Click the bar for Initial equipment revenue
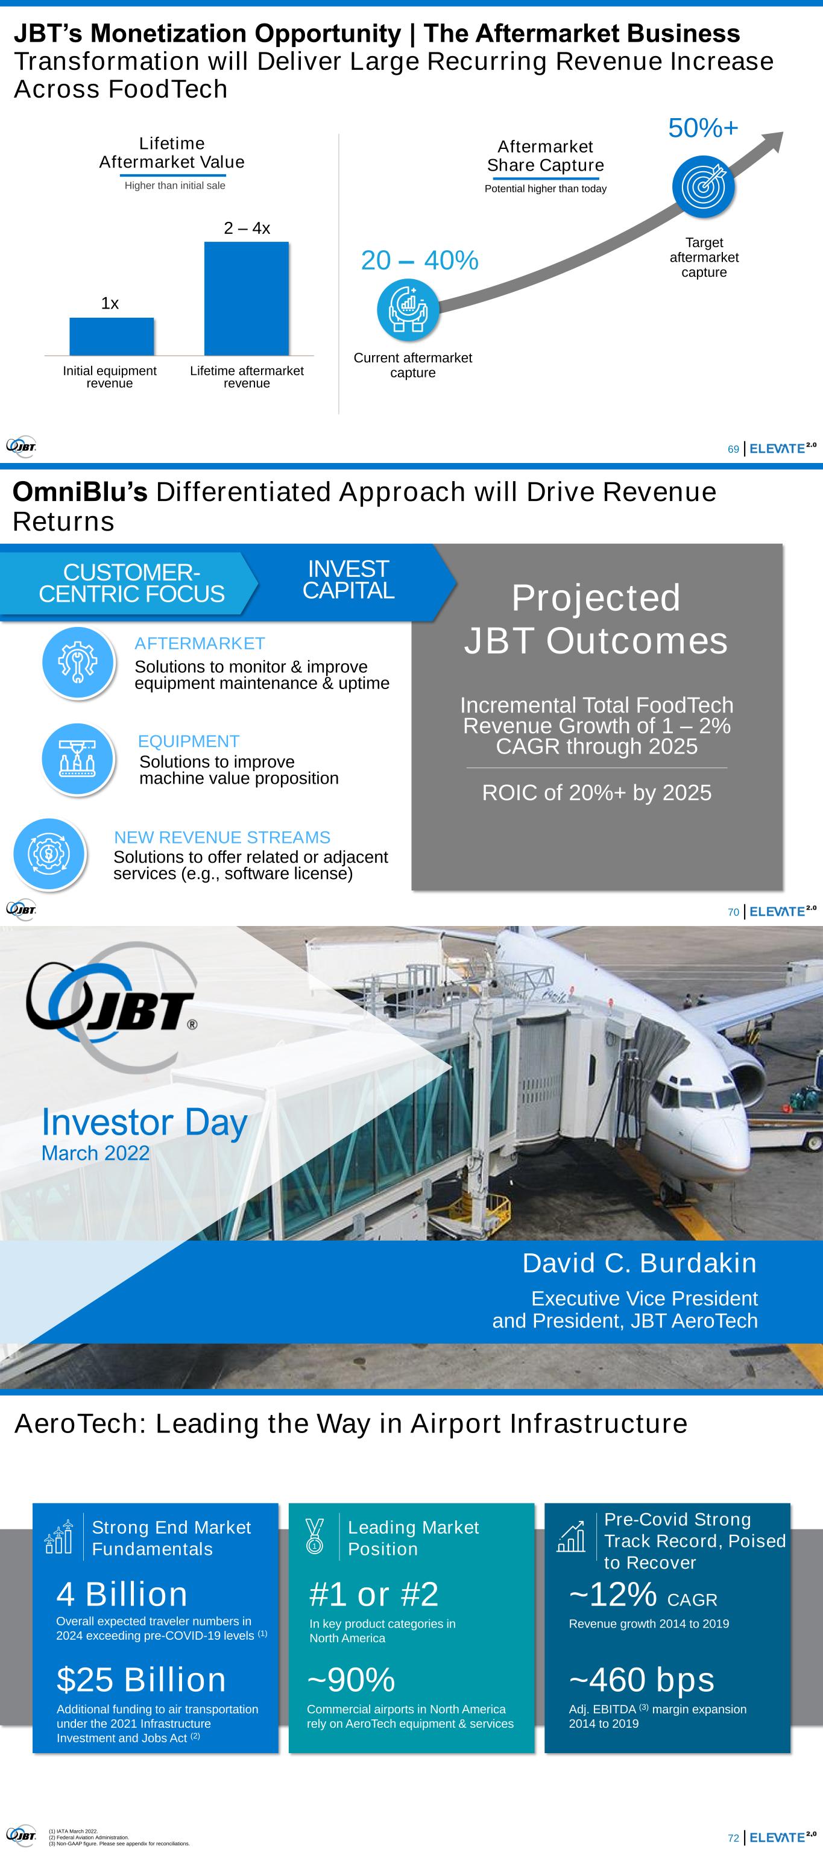tap(112, 336)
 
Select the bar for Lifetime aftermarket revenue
tap(247, 298)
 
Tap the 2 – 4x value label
tap(247, 228)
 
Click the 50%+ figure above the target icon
tap(703, 128)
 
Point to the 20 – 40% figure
tap(420, 260)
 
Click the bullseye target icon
tap(704, 186)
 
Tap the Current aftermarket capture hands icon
tap(408, 309)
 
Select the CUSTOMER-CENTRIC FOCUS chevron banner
tap(130, 583)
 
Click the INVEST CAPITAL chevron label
tap(348, 579)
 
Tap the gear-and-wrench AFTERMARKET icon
tap(78, 661)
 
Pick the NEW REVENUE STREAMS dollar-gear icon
tap(49, 854)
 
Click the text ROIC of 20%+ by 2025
tap(596, 792)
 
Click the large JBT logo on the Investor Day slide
tap(112, 1007)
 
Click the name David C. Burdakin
tap(640, 1263)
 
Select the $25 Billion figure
tap(142, 1680)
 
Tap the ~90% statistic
tap(352, 1680)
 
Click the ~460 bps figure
tap(642, 1680)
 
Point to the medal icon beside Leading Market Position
tap(315, 1536)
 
